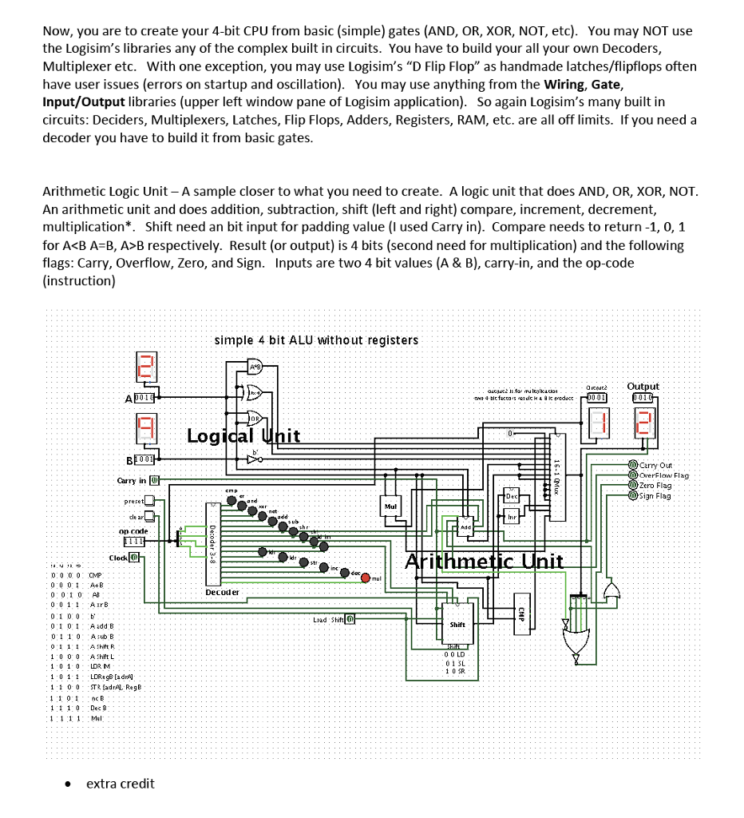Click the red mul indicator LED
pos(366,578)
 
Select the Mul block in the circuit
pos(391,506)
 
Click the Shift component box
pos(457,625)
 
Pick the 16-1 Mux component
pos(556,471)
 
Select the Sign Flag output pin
pos(632,495)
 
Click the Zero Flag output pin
pos(632,485)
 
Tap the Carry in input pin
pos(156,480)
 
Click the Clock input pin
pos(135,558)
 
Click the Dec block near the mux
pos(512,497)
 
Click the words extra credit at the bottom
pos(121,784)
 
